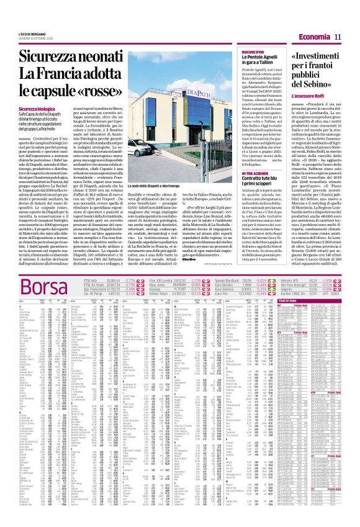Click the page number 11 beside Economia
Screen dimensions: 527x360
(x=339, y=38)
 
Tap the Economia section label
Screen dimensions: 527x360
(x=315, y=38)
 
